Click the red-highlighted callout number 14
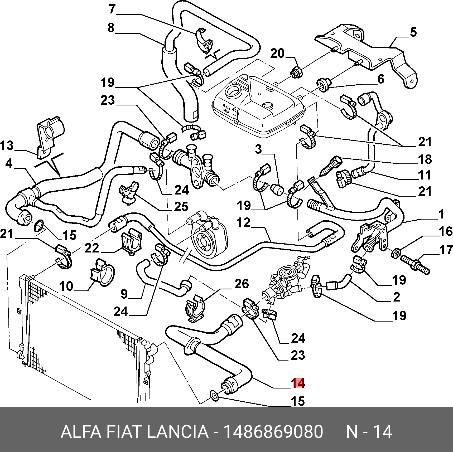click(298, 383)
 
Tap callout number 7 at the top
click(112, 9)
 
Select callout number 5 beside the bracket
click(413, 32)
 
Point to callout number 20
click(277, 54)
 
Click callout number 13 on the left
click(7, 145)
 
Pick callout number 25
click(181, 207)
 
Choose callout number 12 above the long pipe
click(243, 223)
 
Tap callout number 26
click(242, 284)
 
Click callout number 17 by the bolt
click(446, 250)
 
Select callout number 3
click(258, 149)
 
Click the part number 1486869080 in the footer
click(273, 432)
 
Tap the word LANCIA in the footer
click(177, 432)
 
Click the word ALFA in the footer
click(81, 432)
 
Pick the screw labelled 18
click(330, 166)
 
